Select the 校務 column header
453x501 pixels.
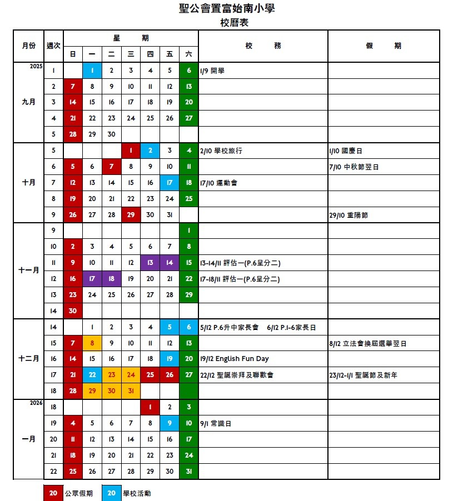click(x=263, y=46)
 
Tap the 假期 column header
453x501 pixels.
click(x=383, y=46)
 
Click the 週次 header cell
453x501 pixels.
click(x=53, y=46)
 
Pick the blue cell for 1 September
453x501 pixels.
click(x=92, y=71)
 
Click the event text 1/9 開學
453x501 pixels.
click(x=212, y=71)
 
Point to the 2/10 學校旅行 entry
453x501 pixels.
click(x=221, y=151)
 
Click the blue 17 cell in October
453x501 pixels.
click(x=170, y=183)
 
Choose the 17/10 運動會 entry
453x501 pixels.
click(x=218, y=183)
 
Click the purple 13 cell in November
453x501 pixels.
click(x=150, y=263)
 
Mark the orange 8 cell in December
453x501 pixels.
click(x=92, y=343)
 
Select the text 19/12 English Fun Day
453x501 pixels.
click(x=234, y=359)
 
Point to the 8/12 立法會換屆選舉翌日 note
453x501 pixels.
click(x=367, y=343)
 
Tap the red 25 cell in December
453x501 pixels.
click(x=150, y=375)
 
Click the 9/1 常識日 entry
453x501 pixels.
click(x=215, y=423)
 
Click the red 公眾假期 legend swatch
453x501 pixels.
click(x=53, y=493)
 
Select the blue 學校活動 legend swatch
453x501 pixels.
click(x=111, y=493)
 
